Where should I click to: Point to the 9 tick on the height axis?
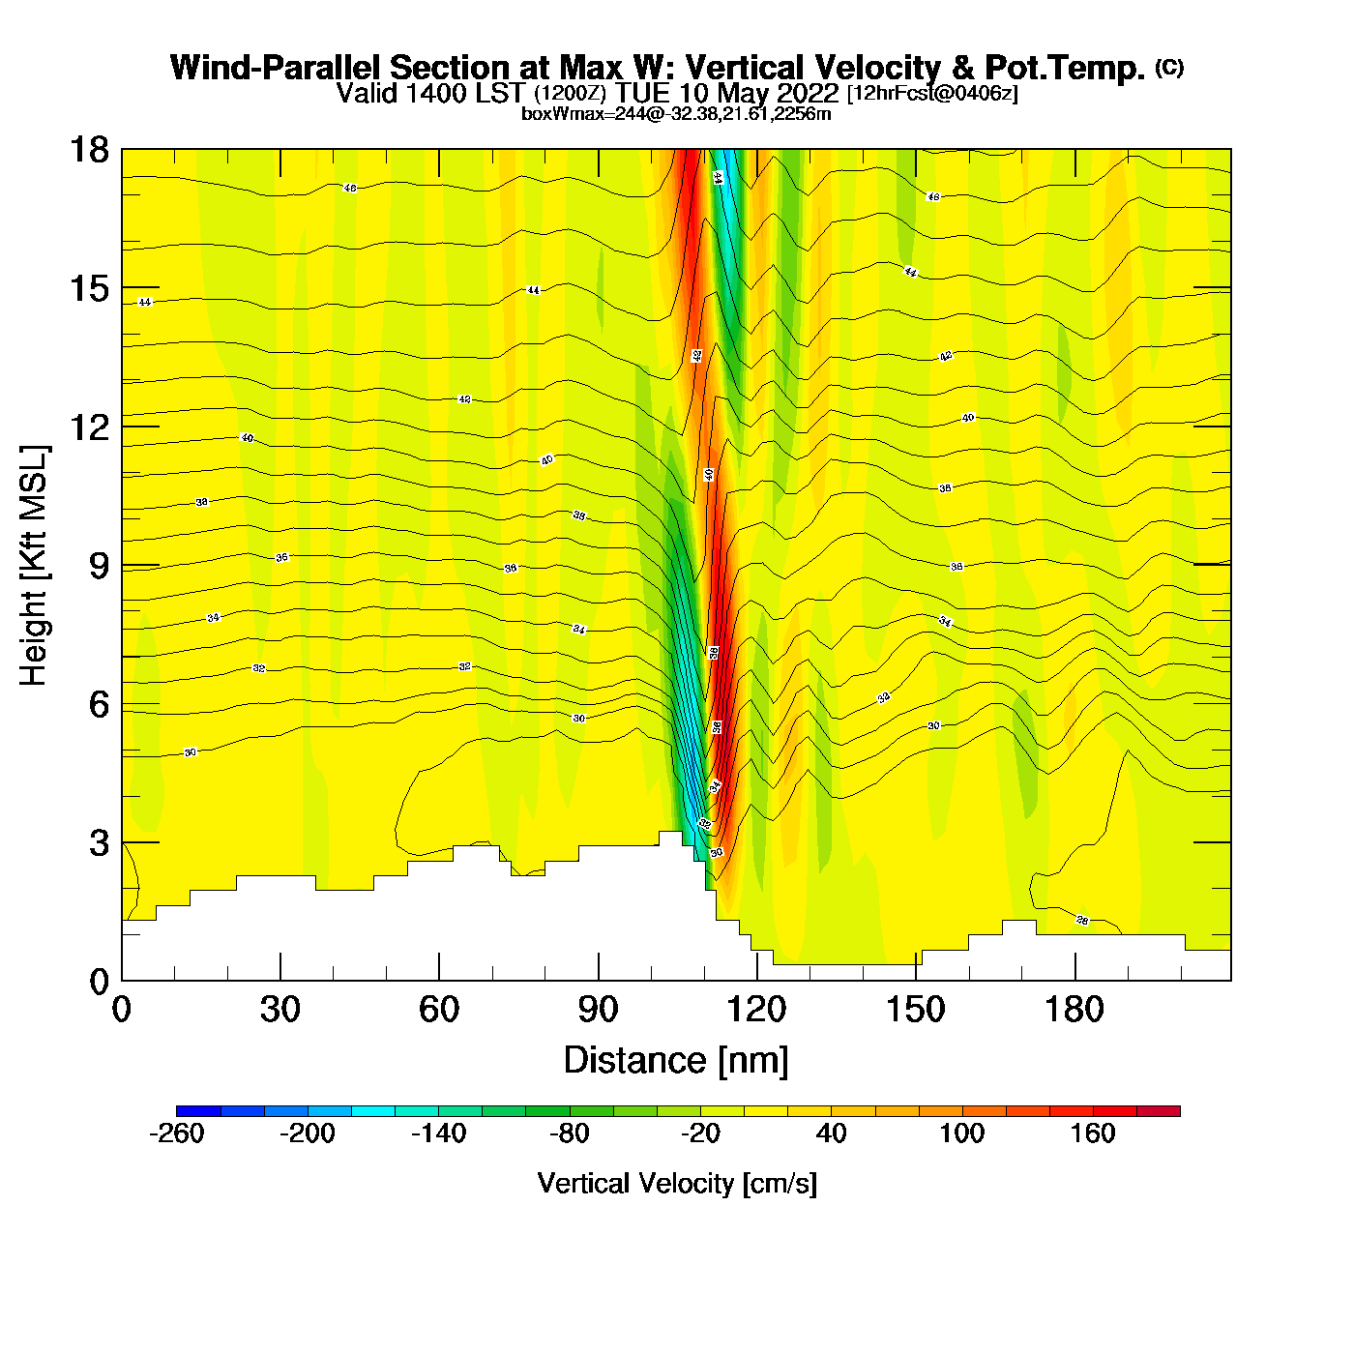pyautogui.click(x=122, y=565)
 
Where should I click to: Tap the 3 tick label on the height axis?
pyautogui.click(x=99, y=843)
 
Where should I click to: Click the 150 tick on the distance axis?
pyautogui.click(x=916, y=980)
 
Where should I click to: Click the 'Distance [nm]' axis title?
pyautogui.click(x=676, y=1061)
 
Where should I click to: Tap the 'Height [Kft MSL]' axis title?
pyautogui.click(x=34, y=566)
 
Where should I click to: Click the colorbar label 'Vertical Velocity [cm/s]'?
pyautogui.click(x=677, y=1184)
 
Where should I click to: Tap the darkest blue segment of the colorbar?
pyautogui.click(x=198, y=1110)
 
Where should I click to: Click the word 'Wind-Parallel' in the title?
pyautogui.click(x=277, y=68)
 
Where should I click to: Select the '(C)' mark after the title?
pyautogui.click(x=1169, y=67)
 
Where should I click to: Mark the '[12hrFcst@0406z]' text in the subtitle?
pyautogui.click(x=932, y=94)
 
